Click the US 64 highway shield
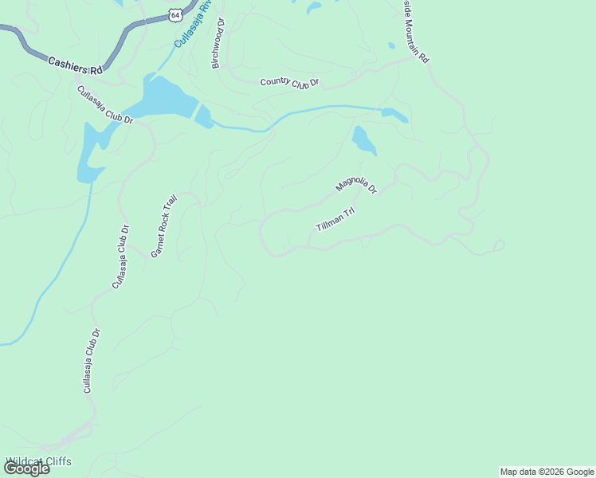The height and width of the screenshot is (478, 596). pyautogui.click(x=175, y=14)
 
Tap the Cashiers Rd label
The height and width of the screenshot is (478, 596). pyautogui.click(x=76, y=65)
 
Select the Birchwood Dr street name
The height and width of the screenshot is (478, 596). pyautogui.click(x=218, y=44)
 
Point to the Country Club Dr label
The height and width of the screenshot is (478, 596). pyautogui.click(x=289, y=83)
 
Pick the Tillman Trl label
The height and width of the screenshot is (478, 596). pyautogui.click(x=335, y=219)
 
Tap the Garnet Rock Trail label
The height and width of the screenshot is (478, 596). pyautogui.click(x=163, y=226)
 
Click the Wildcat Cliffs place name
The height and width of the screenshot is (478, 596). pyautogui.click(x=38, y=460)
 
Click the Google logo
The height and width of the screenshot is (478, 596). pyautogui.click(x=26, y=468)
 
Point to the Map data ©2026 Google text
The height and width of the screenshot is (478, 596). pyautogui.click(x=547, y=472)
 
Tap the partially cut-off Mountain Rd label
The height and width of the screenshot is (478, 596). pyautogui.click(x=414, y=32)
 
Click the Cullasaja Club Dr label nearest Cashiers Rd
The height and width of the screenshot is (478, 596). pyautogui.click(x=104, y=104)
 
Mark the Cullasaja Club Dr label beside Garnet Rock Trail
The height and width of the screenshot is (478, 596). pyautogui.click(x=121, y=257)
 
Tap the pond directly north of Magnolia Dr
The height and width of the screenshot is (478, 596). pyautogui.click(x=363, y=141)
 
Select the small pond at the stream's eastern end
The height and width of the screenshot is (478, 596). pyautogui.click(x=394, y=114)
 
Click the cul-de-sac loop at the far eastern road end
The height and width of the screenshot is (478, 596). pyautogui.click(x=499, y=245)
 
